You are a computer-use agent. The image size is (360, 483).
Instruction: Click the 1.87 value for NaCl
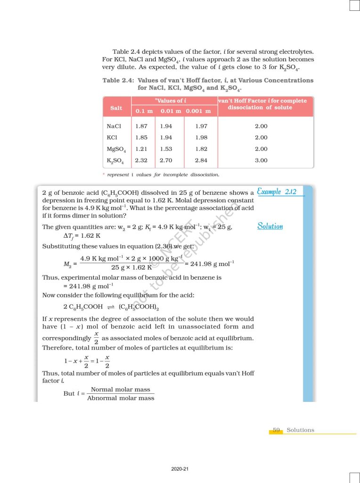[x=141, y=126]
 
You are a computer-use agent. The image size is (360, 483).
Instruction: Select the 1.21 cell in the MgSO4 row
[x=141, y=149]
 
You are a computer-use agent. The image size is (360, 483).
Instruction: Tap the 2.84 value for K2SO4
[x=201, y=160]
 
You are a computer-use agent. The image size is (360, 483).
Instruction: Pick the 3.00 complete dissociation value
[x=261, y=160]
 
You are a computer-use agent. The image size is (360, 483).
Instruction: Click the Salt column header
[x=116, y=108]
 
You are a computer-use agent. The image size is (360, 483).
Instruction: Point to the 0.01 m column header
[x=171, y=111]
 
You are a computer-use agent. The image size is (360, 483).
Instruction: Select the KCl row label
[x=112, y=138]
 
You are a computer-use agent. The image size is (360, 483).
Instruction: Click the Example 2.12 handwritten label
[x=277, y=192]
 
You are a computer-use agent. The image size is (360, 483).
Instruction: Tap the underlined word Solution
[x=270, y=226]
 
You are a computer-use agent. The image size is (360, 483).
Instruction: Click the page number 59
[x=276, y=430]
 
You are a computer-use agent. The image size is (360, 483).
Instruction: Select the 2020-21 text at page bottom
[x=180, y=469]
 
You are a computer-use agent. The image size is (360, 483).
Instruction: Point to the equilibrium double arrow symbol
[x=111, y=307]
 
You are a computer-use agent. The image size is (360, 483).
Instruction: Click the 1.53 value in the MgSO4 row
[x=166, y=149]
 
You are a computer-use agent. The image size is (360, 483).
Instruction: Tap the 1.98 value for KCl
[x=201, y=138]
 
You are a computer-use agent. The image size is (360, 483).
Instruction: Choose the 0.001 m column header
[x=198, y=111]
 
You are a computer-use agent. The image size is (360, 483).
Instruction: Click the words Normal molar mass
[x=120, y=390]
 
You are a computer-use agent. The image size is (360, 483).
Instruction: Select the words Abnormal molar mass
[x=121, y=398]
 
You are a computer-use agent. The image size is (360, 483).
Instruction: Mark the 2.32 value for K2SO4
[x=141, y=160]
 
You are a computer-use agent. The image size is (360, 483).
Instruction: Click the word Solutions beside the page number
[x=300, y=430]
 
